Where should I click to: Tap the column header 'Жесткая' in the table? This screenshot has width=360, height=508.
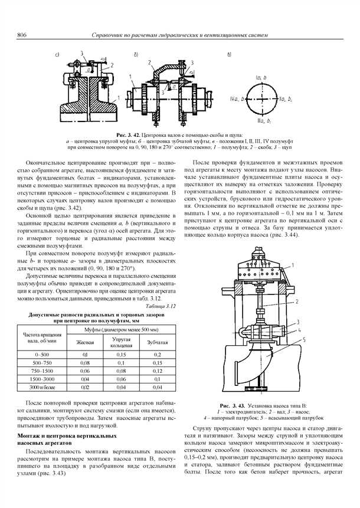[x=86, y=342]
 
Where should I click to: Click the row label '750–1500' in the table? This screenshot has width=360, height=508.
[x=45, y=371]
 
